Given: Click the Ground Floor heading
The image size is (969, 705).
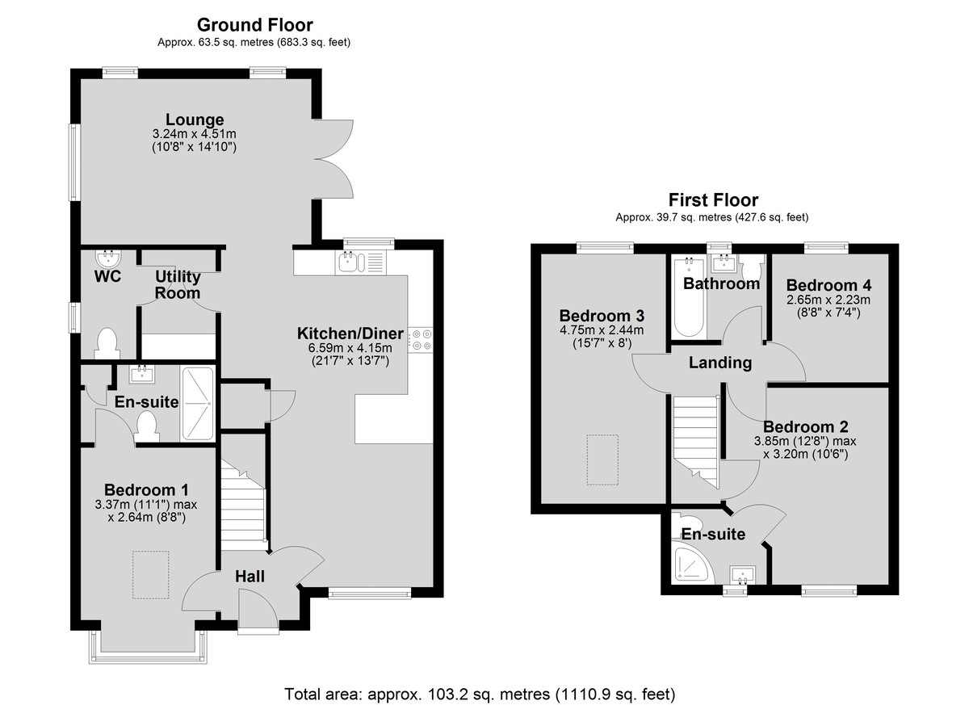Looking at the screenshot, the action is click(x=255, y=25).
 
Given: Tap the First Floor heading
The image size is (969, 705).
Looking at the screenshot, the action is click(x=713, y=199).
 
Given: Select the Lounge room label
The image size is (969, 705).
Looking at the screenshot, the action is click(x=195, y=120).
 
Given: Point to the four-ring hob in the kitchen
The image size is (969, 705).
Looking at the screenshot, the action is click(x=420, y=339).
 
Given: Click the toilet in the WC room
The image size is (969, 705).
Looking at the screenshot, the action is click(x=107, y=343).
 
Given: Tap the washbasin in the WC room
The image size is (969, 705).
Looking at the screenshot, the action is click(x=108, y=258).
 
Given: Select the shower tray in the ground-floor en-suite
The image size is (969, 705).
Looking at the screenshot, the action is click(x=198, y=404).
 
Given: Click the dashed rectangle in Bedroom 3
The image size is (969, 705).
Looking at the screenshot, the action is click(x=602, y=460).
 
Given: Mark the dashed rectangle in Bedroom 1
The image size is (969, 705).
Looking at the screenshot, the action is click(x=150, y=575).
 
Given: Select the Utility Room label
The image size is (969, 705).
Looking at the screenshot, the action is click(x=178, y=284).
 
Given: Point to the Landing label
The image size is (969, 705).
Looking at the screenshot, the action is click(x=720, y=363).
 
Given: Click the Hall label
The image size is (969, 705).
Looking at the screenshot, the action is click(x=250, y=576).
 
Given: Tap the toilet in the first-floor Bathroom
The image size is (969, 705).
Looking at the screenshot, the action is click(x=751, y=269).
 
